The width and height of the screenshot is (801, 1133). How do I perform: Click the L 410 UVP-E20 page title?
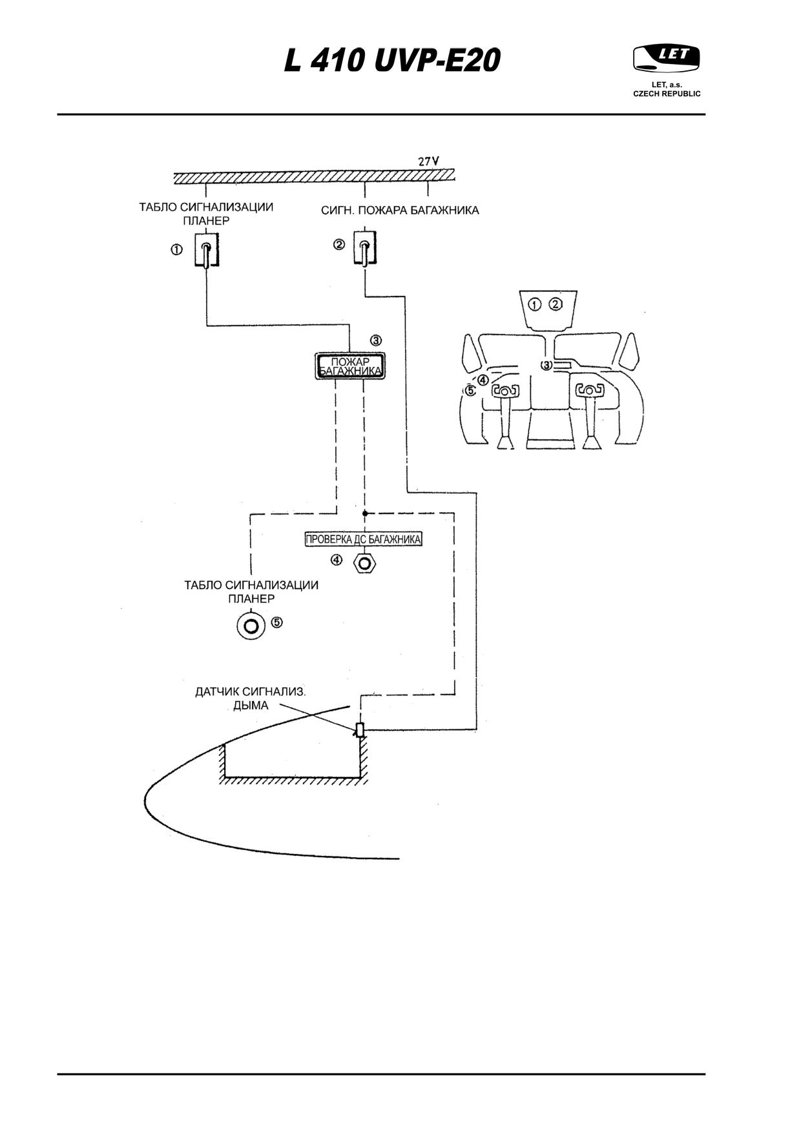click(392, 61)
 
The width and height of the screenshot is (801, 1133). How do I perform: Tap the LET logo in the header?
click(667, 58)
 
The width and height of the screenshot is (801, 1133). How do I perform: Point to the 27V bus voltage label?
click(428, 161)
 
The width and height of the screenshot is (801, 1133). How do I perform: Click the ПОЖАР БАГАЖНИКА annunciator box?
click(349, 366)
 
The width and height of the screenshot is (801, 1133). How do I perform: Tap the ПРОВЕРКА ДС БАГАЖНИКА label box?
click(364, 539)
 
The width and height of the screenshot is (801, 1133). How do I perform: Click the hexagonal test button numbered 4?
click(365, 563)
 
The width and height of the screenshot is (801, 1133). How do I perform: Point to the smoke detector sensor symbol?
click(360, 730)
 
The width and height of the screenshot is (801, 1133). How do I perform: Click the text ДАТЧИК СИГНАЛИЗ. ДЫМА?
click(251, 698)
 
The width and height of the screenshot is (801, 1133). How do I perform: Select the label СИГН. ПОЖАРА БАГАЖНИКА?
click(400, 211)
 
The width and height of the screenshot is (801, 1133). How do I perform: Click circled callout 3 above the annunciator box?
click(376, 340)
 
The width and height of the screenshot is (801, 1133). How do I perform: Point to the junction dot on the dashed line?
click(364, 514)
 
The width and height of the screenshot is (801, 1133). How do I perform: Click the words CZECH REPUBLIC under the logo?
click(667, 94)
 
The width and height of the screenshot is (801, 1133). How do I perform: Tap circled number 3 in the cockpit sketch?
click(546, 366)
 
